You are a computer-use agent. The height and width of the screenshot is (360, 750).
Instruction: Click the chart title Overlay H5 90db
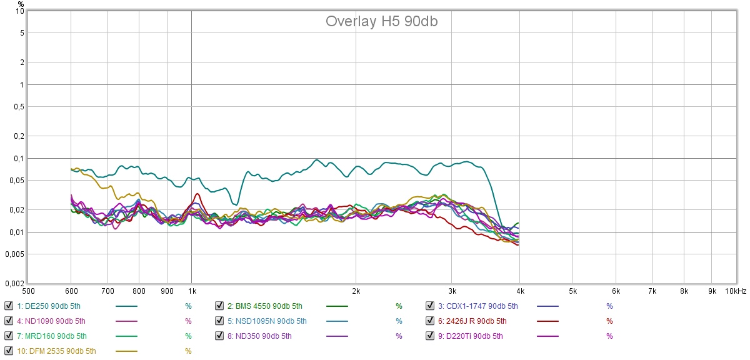click(x=381, y=21)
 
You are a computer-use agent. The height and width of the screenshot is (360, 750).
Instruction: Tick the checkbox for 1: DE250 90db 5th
click(x=8, y=306)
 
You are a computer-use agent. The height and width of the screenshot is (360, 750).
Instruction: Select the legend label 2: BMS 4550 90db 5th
click(x=265, y=306)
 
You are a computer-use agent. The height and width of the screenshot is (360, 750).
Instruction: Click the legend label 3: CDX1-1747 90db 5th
click(x=478, y=306)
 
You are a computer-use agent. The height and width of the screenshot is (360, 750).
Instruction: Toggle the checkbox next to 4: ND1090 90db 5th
click(x=8, y=321)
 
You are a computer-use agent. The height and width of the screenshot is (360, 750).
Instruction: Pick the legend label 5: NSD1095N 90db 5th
click(x=267, y=321)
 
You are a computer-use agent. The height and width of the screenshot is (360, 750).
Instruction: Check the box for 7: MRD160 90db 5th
click(x=8, y=336)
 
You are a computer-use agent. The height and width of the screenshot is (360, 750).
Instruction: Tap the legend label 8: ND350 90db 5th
click(x=259, y=336)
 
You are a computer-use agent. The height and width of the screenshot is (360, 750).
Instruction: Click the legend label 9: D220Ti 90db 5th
click(x=470, y=336)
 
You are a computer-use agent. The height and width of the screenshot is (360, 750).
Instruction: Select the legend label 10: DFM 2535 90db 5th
click(x=57, y=351)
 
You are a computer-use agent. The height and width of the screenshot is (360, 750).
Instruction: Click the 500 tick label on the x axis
click(x=28, y=291)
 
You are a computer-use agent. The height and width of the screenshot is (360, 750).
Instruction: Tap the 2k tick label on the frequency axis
click(x=356, y=291)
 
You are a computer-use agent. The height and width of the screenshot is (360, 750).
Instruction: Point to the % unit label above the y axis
click(x=21, y=4)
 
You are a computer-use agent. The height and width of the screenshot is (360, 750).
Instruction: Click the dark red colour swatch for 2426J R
click(x=548, y=321)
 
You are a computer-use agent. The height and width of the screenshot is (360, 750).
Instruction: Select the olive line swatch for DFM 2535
click(x=127, y=351)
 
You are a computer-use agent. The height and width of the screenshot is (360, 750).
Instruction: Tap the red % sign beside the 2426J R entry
click(x=609, y=321)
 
